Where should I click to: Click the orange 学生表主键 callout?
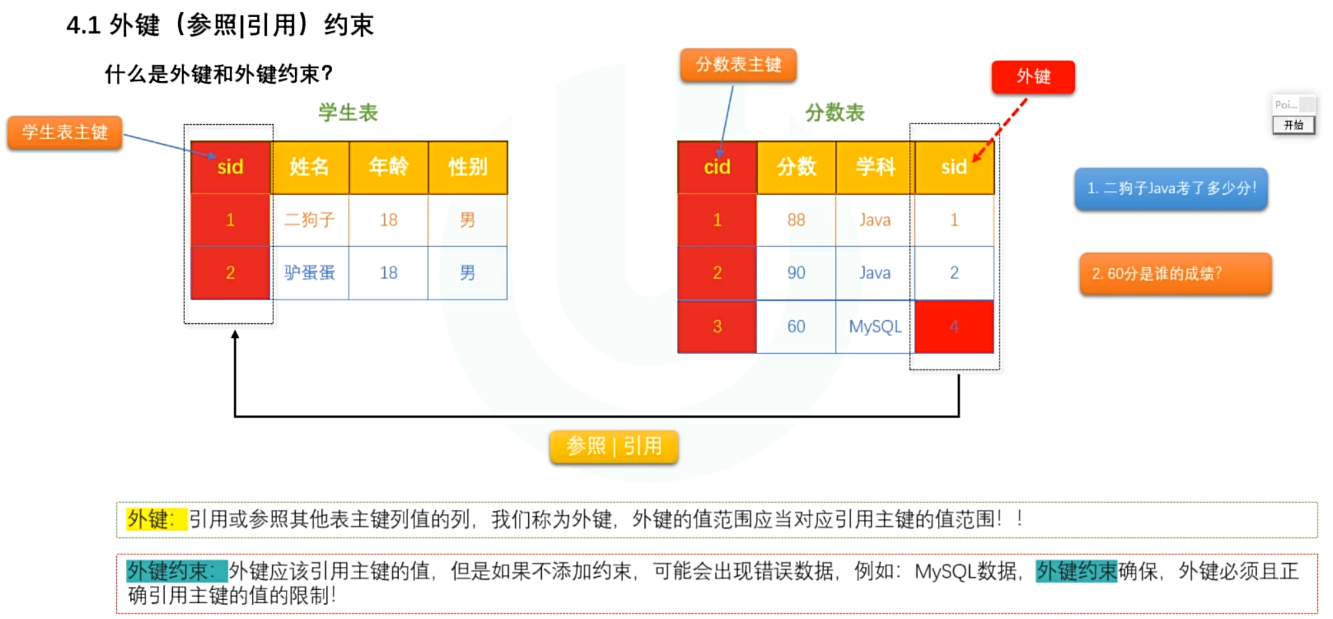pyautogui.click(x=65, y=132)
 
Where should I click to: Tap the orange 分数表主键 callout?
pyautogui.click(x=738, y=65)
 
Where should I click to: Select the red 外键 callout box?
pyautogui.click(x=1033, y=77)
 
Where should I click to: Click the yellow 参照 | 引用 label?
pyautogui.click(x=613, y=447)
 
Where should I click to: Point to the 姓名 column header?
pyautogui.click(x=309, y=167)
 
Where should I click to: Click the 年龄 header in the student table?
pyautogui.click(x=388, y=167)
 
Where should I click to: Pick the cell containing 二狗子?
pyautogui.click(x=309, y=220)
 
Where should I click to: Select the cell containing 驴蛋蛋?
pyautogui.click(x=309, y=273)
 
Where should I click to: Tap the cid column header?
pyautogui.click(x=717, y=167)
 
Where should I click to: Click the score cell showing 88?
pyautogui.click(x=796, y=220)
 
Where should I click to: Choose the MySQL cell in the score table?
pyautogui.click(x=875, y=327)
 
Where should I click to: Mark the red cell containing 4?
pyautogui.click(x=954, y=327)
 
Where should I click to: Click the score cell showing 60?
pyautogui.click(x=796, y=327)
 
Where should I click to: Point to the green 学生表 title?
pyautogui.click(x=348, y=113)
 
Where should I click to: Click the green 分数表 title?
pyautogui.click(x=835, y=113)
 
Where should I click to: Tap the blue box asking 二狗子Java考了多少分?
pyautogui.click(x=1171, y=189)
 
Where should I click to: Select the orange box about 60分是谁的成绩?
pyautogui.click(x=1175, y=273)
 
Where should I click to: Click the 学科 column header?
pyautogui.click(x=875, y=167)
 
